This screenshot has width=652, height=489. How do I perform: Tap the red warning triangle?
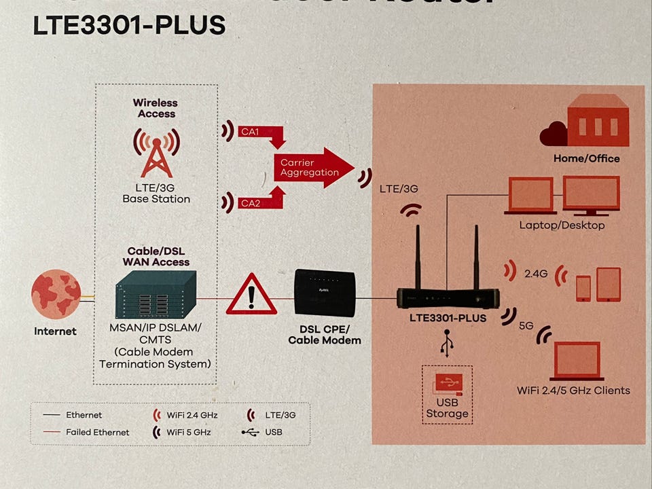point(251,295)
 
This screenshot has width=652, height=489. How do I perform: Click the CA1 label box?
point(250,131)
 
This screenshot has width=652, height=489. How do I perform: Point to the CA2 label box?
point(250,202)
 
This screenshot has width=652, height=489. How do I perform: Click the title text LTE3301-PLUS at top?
point(129,25)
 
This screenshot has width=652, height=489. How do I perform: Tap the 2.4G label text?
point(535,274)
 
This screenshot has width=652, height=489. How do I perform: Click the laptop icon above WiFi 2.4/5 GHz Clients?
point(577,361)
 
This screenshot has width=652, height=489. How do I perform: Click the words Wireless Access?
point(156,108)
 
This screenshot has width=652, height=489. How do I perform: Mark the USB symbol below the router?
point(446,343)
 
